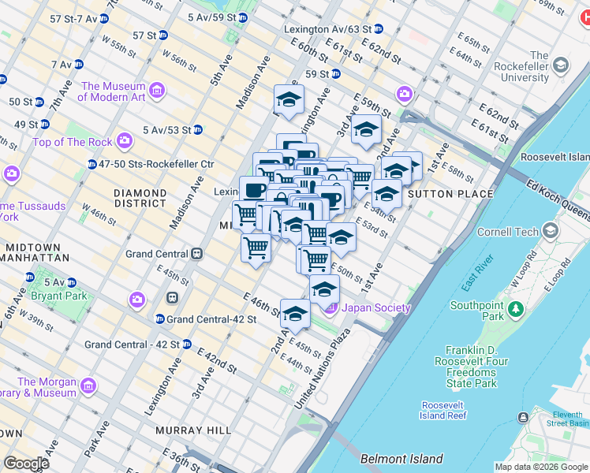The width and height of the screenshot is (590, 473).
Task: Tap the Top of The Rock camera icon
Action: tap(124, 141)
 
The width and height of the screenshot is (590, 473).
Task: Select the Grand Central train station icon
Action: tap(196, 254)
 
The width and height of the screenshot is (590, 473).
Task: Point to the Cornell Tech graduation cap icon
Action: tap(549, 232)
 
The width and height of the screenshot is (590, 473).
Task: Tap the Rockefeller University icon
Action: tap(561, 65)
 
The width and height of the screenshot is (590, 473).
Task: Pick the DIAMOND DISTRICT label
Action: tap(140, 198)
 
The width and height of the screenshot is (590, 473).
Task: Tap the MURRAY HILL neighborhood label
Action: tap(193, 430)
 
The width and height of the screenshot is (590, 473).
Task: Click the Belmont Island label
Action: tap(401, 459)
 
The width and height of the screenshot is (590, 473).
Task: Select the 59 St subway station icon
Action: tap(336, 75)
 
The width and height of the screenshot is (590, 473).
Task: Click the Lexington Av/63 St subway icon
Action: tap(378, 29)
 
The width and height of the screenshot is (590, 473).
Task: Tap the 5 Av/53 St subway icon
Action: tap(198, 129)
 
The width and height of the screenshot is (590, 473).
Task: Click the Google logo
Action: tap(26, 463)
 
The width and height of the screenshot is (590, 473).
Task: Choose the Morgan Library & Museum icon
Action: tap(88, 385)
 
